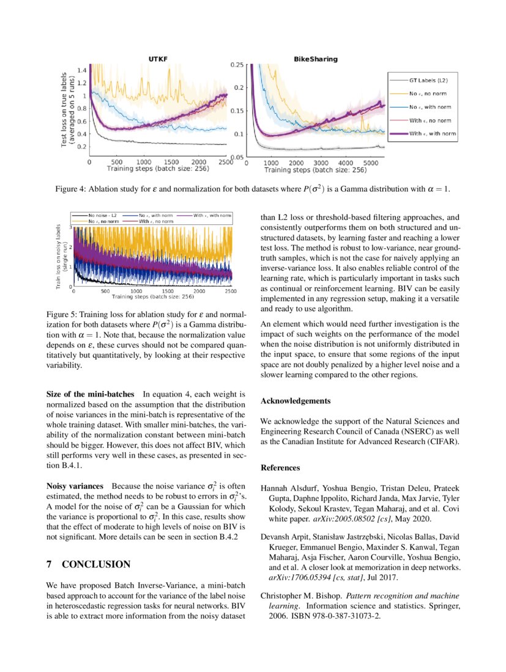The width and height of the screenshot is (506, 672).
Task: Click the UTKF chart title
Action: click(158, 59)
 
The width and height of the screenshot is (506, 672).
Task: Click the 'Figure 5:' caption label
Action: click(65, 314)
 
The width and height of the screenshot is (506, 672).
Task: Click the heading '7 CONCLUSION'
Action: click(89, 564)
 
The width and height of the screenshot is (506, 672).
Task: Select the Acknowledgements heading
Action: click(296, 401)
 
